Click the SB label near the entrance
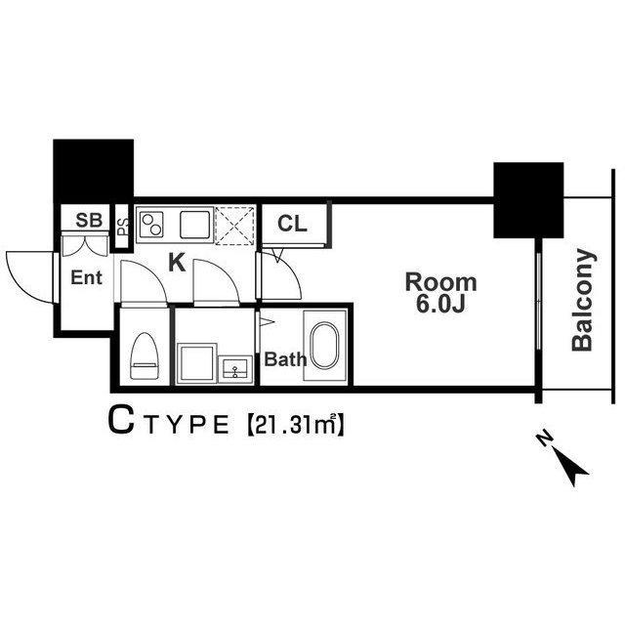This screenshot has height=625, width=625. (x=89, y=220)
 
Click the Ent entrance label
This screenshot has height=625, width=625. (x=86, y=278)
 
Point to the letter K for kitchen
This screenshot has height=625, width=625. (x=177, y=262)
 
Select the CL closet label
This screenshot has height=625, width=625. (x=292, y=224)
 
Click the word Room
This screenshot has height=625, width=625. (x=441, y=283)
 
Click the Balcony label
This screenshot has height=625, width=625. (x=583, y=301)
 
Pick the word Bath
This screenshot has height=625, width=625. (x=285, y=359)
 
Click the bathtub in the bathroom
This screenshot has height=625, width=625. (x=322, y=346)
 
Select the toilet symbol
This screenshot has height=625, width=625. (x=145, y=355)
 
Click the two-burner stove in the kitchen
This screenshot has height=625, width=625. (x=152, y=227)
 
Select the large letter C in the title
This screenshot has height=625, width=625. (x=120, y=422)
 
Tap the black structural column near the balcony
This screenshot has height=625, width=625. (x=528, y=200)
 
